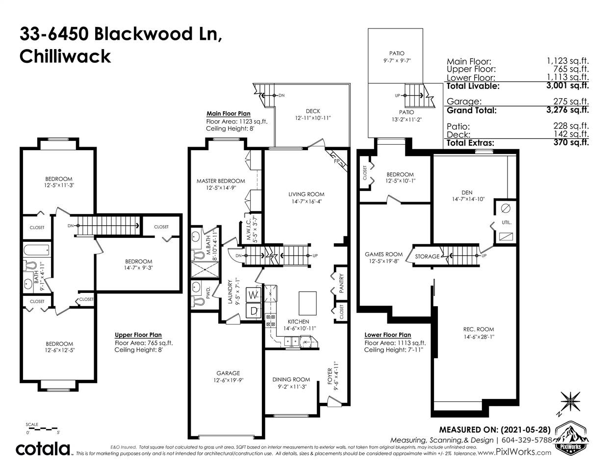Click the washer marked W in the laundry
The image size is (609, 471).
pyautogui.click(x=254, y=295)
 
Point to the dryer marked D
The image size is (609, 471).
pyautogui.click(x=254, y=310)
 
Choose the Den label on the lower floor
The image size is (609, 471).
pyautogui.click(x=467, y=192)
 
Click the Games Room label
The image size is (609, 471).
pyautogui.click(x=384, y=254)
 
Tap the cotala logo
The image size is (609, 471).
pyautogui.click(x=44, y=449)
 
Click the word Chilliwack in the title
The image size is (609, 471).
pyautogui.click(x=65, y=56)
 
